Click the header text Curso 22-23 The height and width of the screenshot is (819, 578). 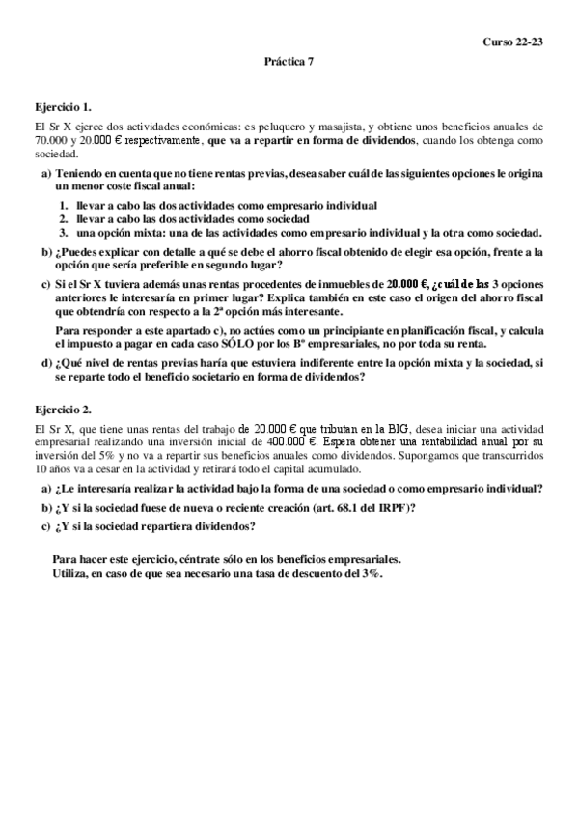[514, 42]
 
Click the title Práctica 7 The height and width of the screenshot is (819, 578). [289, 60]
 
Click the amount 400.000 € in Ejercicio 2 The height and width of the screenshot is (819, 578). [300, 438]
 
